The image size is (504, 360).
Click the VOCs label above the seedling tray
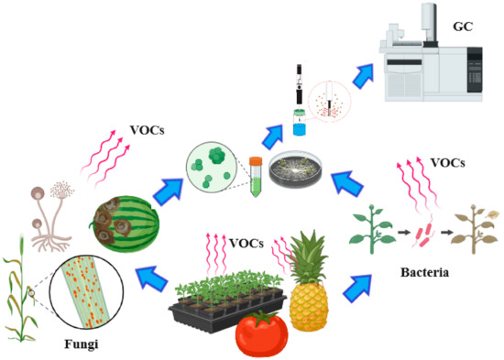[247, 244]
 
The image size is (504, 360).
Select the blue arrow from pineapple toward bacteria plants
[361, 285]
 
